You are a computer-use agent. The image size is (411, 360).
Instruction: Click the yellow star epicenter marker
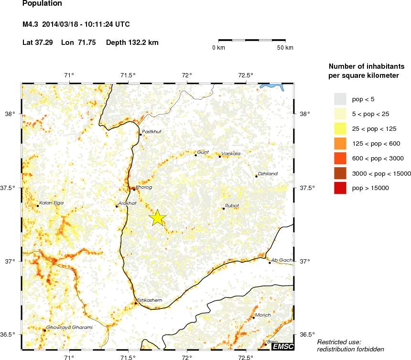click(158, 217)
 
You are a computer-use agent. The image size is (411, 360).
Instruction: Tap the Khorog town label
click(144, 187)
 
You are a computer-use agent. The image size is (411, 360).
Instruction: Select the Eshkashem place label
click(150, 300)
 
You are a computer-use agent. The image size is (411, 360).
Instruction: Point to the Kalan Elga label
click(51, 202)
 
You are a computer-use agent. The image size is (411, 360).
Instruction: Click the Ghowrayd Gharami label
click(69, 327)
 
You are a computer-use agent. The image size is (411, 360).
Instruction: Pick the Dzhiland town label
click(267, 174)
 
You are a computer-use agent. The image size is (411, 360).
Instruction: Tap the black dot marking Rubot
click(223, 208)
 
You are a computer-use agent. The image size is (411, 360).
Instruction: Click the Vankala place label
click(231, 153)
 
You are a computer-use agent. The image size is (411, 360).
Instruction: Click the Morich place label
click(263, 315)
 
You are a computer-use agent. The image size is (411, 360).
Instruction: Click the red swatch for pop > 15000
click(339, 188)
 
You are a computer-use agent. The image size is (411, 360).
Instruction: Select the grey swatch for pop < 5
click(339, 99)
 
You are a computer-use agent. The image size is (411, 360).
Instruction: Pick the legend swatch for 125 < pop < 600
click(339, 143)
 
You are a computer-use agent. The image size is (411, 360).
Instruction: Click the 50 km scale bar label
click(286, 48)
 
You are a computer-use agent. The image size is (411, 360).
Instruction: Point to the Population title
click(42, 4)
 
